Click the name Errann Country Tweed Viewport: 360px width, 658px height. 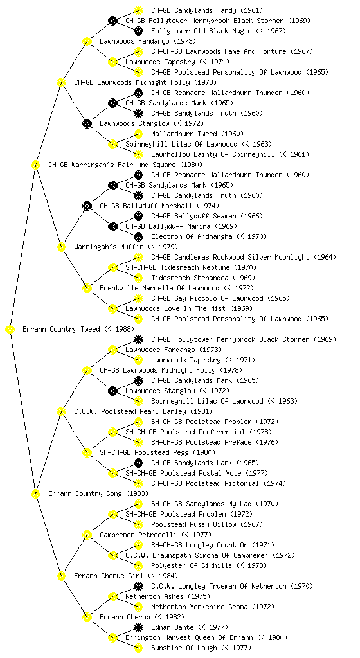(61, 329)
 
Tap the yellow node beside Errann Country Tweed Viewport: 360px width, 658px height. (10, 330)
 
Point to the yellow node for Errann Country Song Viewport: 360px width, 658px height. (35, 494)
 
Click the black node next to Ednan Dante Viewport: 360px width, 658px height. (138, 627)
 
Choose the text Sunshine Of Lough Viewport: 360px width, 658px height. (184, 648)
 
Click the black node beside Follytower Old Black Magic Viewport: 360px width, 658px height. (138, 31)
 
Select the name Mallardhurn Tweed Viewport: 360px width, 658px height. (184, 134)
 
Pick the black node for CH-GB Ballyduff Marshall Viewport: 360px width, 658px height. (87, 206)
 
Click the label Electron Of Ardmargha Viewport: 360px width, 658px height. (192, 236)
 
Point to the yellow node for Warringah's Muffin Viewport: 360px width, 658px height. (61, 247)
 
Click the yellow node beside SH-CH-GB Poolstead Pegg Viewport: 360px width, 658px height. (87, 452)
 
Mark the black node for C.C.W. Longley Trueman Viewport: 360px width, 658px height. (138, 586)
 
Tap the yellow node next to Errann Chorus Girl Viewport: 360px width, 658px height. (61, 576)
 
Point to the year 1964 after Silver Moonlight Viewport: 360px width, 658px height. (325, 257)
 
